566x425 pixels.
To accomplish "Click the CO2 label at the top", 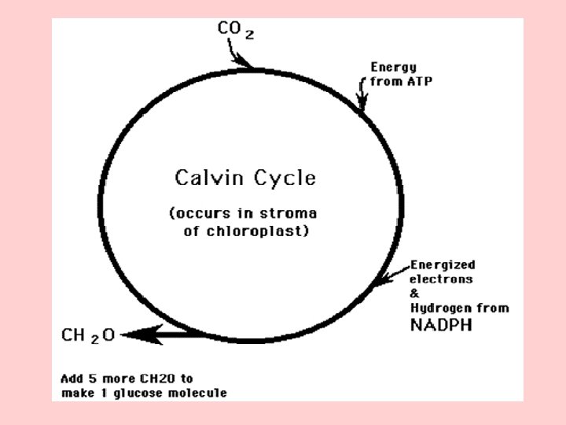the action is click(x=235, y=31).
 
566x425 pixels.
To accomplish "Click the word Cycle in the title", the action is click(x=284, y=178).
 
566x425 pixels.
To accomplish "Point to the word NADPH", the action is click(x=441, y=323).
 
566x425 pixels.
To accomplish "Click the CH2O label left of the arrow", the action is click(x=88, y=335).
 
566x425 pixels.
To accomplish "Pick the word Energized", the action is click(x=443, y=265).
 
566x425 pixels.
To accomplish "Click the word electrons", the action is click(x=441, y=279).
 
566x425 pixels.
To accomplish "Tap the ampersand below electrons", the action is click(x=413, y=293).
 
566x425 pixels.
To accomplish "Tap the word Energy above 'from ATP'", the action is click(x=393, y=68).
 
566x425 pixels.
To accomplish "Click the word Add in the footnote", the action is click(x=72, y=378).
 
